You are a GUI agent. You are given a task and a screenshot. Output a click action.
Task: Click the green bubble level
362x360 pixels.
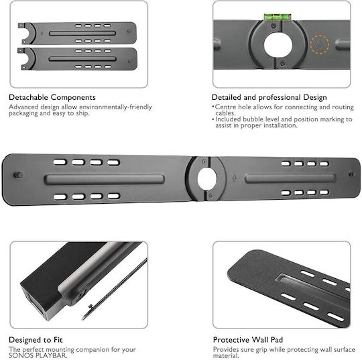click(x=278, y=17)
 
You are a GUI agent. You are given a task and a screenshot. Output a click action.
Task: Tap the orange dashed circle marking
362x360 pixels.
click(x=320, y=44)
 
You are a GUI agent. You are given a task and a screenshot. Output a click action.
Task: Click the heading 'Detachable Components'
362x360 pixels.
click(x=52, y=97)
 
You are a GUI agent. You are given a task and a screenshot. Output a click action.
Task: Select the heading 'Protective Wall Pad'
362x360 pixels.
click(x=248, y=340)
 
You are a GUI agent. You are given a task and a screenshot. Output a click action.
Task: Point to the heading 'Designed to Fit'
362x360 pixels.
click(x=36, y=340)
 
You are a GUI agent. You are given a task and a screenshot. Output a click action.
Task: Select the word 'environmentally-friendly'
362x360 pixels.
click(x=116, y=107)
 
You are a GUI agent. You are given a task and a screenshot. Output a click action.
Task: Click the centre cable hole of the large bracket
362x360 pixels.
click(x=207, y=178)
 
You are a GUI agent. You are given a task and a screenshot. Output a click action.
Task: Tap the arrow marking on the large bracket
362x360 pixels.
click(x=234, y=178)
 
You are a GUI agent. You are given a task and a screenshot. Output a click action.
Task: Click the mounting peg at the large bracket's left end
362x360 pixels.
click(x=18, y=175)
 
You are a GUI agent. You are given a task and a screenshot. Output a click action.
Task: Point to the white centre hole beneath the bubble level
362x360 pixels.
click(x=278, y=45)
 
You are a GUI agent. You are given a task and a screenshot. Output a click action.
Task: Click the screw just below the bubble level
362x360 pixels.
click(x=274, y=26)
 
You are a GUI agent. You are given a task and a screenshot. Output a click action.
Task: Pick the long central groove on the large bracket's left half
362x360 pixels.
click(x=104, y=180)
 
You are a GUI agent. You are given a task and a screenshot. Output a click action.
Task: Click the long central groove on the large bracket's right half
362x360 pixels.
click(x=290, y=178)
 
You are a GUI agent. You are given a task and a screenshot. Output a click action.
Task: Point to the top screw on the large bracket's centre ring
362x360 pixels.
click(x=204, y=161)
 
